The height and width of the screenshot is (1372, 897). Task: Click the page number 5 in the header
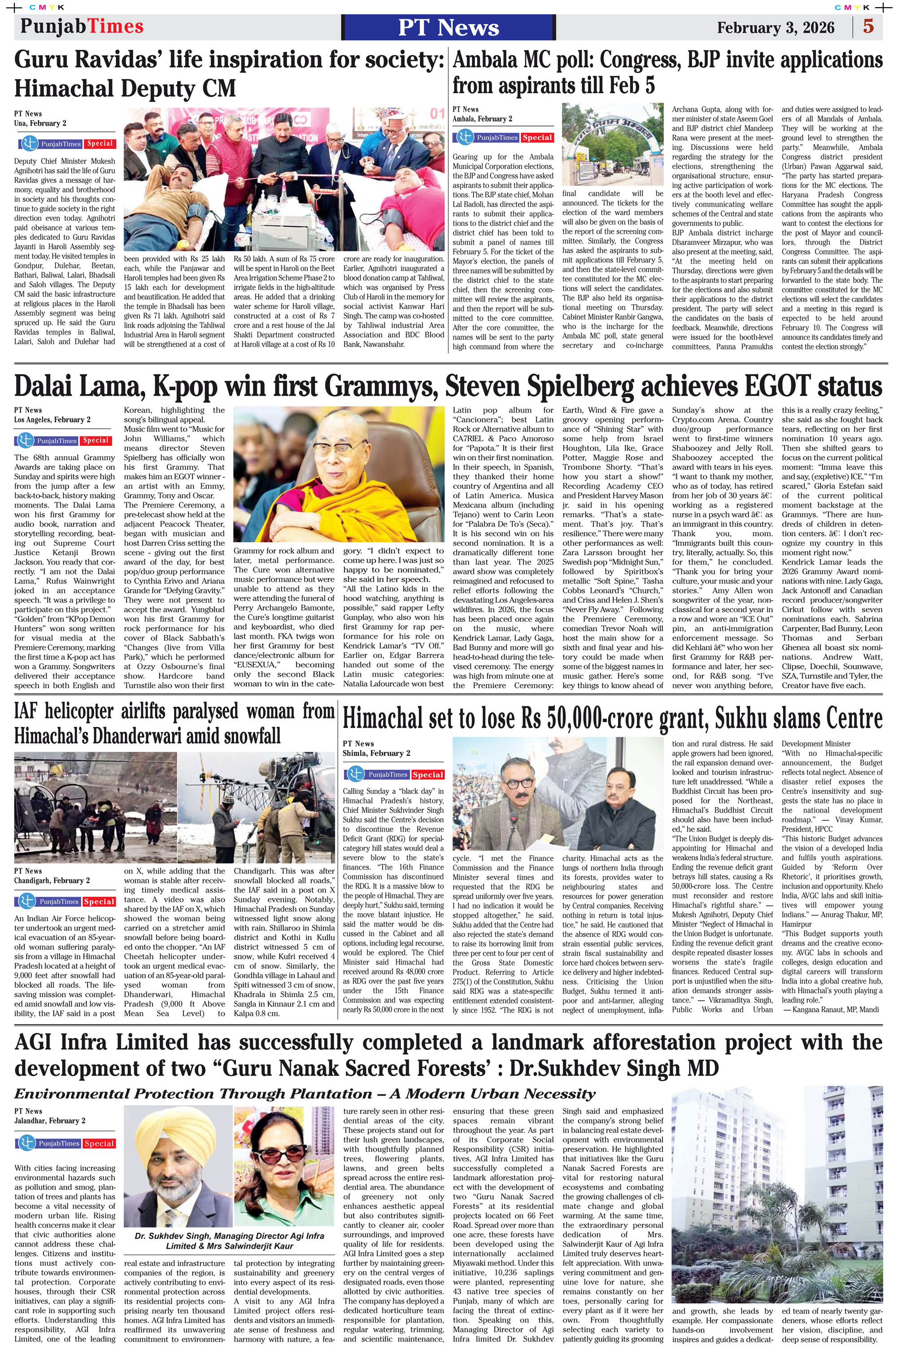click(x=868, y=26)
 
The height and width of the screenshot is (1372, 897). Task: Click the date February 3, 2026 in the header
click(x=775, y=28)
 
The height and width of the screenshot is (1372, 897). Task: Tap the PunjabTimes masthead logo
click(x=81, y=26)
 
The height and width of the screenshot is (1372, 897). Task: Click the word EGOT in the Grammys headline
click(x=783, y=387)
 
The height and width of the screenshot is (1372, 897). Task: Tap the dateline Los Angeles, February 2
click(x=52, y=420)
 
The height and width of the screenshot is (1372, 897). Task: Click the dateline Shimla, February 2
click(x=376, y=753)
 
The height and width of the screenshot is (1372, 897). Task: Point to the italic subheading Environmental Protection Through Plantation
click(x=305, y=1093)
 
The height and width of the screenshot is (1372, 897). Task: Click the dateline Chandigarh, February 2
click(x=52, y=880)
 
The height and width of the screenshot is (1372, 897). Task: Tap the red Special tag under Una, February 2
click(x=100, y=144)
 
